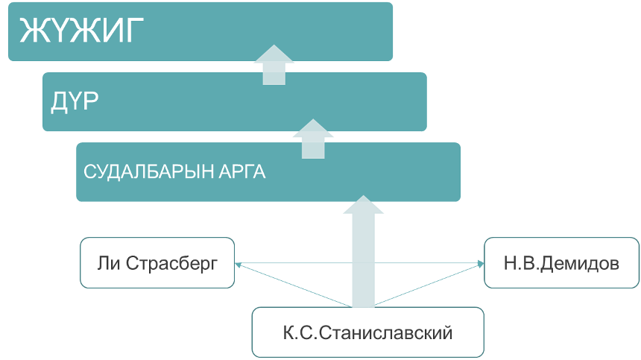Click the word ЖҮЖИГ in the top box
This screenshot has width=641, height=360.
(80, 31)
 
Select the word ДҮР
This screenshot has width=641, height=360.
(75, 101)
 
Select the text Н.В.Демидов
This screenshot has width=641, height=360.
(561, 263)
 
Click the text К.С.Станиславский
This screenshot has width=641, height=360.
(367, 332)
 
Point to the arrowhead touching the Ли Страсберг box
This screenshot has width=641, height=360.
(238, 263)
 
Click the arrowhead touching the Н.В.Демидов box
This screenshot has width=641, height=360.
(480, 263)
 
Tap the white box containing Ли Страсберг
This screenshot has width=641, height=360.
(157, 263)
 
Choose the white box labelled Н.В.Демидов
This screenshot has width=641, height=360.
(561, 263)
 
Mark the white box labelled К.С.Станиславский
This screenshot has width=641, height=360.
(367, 332)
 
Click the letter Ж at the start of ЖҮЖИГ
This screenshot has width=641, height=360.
(31, 31)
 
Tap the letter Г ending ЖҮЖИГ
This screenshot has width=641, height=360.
(132, 31)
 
